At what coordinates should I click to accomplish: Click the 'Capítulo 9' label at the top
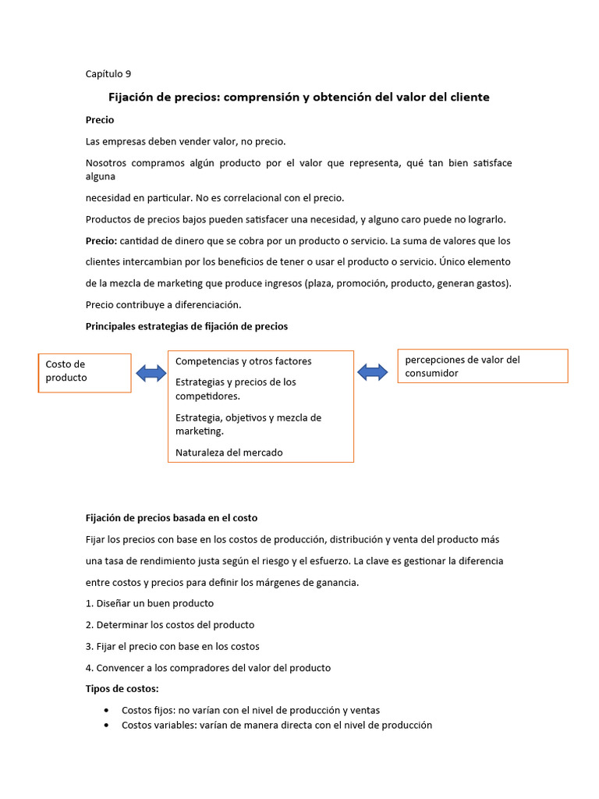[108, 74]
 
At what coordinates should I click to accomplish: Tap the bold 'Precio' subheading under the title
[100, 120]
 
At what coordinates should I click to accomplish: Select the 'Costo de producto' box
[84, 371]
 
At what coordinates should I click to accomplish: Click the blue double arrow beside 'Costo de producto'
[151, 373]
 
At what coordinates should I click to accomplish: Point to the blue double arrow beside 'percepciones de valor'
[373, 372]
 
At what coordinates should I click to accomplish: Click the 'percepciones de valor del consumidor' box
[482, 367]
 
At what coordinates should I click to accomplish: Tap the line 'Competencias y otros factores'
[243, 361]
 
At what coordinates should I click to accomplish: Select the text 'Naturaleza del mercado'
[229, 453]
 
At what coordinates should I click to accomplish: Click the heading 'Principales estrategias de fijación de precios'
[186, 326]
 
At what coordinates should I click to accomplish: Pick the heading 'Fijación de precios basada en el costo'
[171, 518]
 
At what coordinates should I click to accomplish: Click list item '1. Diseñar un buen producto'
[149, 603]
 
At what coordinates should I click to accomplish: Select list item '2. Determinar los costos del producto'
[169, 625]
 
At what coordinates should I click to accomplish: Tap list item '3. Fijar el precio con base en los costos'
[172, 646]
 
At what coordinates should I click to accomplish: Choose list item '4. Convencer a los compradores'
[207, 668]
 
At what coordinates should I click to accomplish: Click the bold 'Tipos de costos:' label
[122, 689]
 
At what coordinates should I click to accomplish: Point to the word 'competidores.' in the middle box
[207, 396]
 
